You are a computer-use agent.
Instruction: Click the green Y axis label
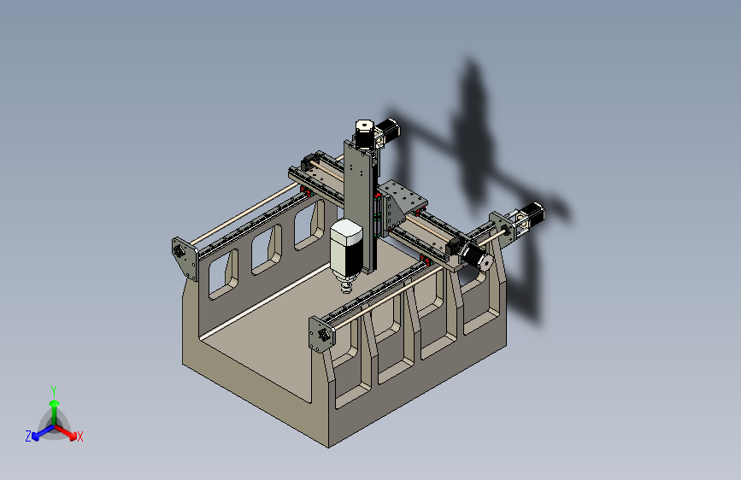click(x=54, y=389)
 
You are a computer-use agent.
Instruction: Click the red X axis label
click(x=80, y=437)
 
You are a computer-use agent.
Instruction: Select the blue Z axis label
click(x=27, y=436)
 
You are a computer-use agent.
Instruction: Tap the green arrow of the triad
click(x=54, y=406)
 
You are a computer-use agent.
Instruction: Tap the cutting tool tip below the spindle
click(x=346, y=290)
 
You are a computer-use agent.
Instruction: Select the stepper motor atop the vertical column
click(x=363, y=134)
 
